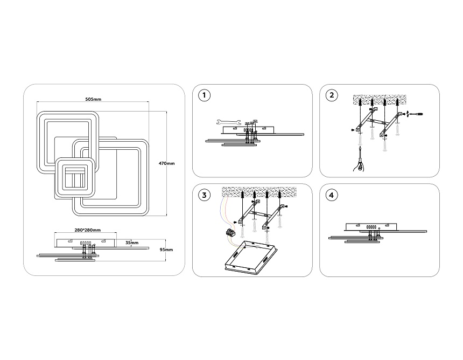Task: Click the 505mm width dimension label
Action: click(93, 100)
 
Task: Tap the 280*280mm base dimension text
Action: click(88, 230)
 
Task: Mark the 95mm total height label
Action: click(166, 250)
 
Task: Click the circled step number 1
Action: click(204, 96)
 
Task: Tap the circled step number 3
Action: click(204, 195)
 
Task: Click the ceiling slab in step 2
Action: click(377, 100)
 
